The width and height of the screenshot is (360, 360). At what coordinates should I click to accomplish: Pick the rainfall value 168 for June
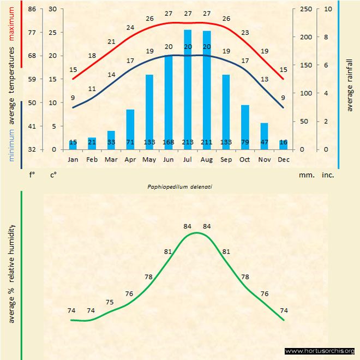tap(169, 143)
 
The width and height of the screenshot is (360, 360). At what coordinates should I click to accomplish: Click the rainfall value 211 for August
tap(207, 143)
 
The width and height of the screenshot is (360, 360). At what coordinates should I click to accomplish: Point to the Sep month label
tap(226, 160)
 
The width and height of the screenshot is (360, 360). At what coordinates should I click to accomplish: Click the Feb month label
tap(92, 160)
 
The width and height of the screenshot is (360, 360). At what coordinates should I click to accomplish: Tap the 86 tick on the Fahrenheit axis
tap(32, 9)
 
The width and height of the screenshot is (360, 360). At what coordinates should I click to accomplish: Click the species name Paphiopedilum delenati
tap(179, 187)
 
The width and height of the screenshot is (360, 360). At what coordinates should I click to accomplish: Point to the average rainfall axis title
tap(350, 83)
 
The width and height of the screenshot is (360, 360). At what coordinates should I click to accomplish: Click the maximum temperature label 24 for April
tap(130, 27)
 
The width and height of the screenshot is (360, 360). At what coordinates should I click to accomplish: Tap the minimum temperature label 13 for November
tap(265, 79)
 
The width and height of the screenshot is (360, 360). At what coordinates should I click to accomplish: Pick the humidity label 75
tap(110, 302)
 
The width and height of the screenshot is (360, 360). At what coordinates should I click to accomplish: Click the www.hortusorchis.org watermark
tap(320, 351)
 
